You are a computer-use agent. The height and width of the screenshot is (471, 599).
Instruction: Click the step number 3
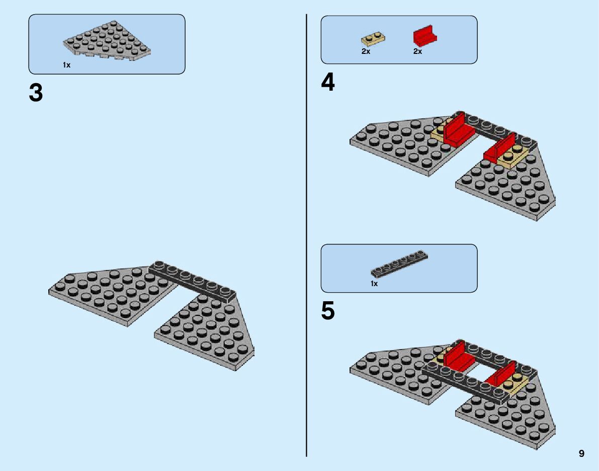click(x=36, y=93)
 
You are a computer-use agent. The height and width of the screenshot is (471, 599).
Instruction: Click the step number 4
click(x=328, y=83)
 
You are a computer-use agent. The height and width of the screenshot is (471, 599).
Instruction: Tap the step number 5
click(x=328, y=311)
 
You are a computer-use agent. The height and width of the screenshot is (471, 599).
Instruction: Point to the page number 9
click(x=581, y=453)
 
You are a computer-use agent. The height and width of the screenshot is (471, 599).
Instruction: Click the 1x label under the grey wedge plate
click(x=67, y=65)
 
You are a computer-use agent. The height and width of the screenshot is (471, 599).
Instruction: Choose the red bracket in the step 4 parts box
click(x=424, y=36)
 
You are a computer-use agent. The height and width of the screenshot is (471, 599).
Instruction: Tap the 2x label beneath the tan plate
click(x=366, y=51)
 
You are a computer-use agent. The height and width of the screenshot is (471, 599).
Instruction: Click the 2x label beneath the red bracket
click(x=417, y=51)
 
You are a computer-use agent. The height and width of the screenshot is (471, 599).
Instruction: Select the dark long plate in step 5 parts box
click(x=399, y=263)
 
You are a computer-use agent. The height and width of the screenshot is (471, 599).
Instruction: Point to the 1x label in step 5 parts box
click(x=374, y=284)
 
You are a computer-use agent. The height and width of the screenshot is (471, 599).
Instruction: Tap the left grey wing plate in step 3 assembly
click(x=111, y=295)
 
